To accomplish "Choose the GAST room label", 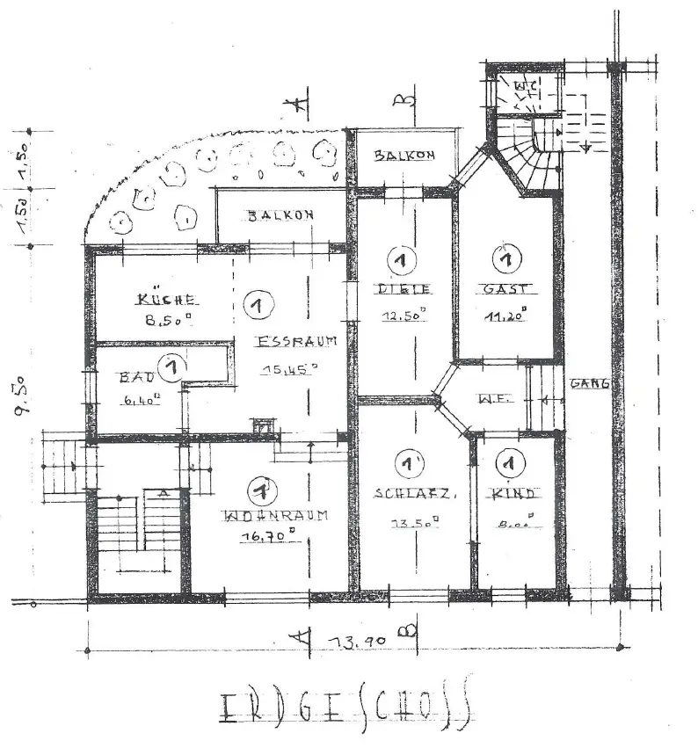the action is pos(505,288).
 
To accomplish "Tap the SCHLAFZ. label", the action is pos(415,493).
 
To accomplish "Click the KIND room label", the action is pos(514,493).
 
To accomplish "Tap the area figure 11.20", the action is pos(505,316).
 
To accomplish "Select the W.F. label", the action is pos(490,398).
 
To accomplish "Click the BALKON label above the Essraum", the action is pos(279,215).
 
